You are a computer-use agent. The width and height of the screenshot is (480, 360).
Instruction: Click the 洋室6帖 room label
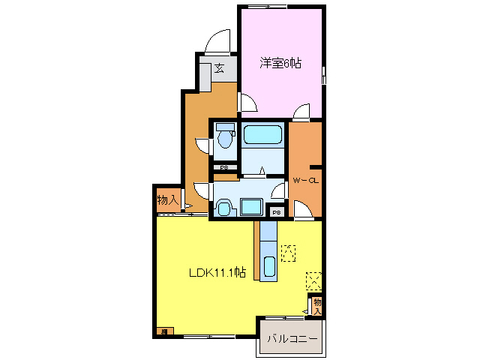[x=280, y=64]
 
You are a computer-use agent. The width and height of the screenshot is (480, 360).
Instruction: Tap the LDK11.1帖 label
[x=216, y=273]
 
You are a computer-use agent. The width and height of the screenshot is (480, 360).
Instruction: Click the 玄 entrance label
[x=219, y=69]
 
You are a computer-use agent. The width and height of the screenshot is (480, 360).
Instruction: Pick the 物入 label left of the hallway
[x=167, y=200]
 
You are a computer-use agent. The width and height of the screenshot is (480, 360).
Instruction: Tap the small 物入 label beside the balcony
[x=317, y=306]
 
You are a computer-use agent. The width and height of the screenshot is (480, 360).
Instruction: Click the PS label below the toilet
[x=224, y=167]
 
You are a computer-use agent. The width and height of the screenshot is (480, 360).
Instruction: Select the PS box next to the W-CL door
[x=276, y=211]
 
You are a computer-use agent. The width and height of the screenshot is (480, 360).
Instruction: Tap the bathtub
[x=262, y=136]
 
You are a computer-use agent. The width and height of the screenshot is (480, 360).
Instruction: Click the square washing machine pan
[x=250, y=206]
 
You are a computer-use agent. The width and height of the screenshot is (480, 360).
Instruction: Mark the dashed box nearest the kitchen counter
[x=288, y=253]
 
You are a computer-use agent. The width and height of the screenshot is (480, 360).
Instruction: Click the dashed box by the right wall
[x=314, y=280]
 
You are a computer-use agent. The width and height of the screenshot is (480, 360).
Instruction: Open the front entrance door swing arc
[x=219, y=41]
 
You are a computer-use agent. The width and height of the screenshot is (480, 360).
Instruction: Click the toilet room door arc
[x=202, y=144]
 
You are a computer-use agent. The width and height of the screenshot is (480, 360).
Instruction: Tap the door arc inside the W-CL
[x=303, y=211]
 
